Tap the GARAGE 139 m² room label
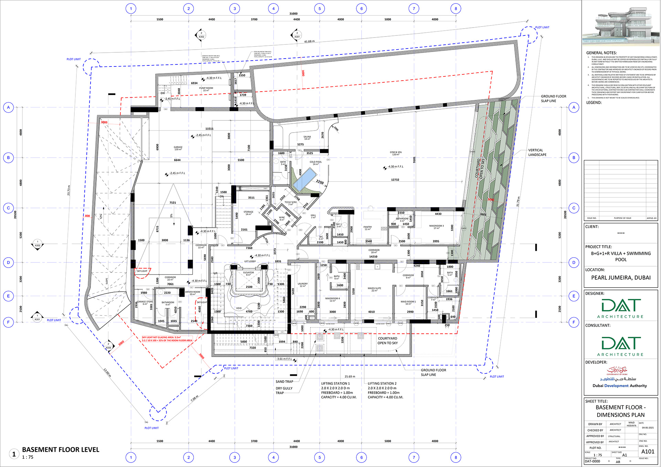pyautogui.click(x=178, y=148)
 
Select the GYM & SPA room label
pyautogui.click(x=396, y=153)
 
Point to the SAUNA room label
pyautogui.click(x=307, y=138)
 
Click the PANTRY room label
pyautogui.click(x=367, y=228)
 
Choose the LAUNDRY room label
pyautogui.click(x=303, y=285)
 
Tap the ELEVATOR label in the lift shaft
pyautogui.click(x=249, y=273)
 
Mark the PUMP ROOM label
pyautogui.click(x=206, y=89)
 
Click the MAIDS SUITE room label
pyautogui.click(x=374, y=289)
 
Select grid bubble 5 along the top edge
pyautogui.click(x=319, y=9)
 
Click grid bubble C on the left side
pyautogui.click(x=9, y=208)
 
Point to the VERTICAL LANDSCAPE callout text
pyautogui.click(x=537, y=153)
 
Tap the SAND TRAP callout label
pyautogui.click(x=284, y=382)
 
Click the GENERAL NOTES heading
pyautogui.click(x=601, y=53)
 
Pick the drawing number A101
pyautogui.click(x=648, y=452)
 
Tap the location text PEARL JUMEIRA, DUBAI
pyautogui.click(x=621, y=278)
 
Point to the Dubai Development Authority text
pyautogui.click(x=620, y=386)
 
